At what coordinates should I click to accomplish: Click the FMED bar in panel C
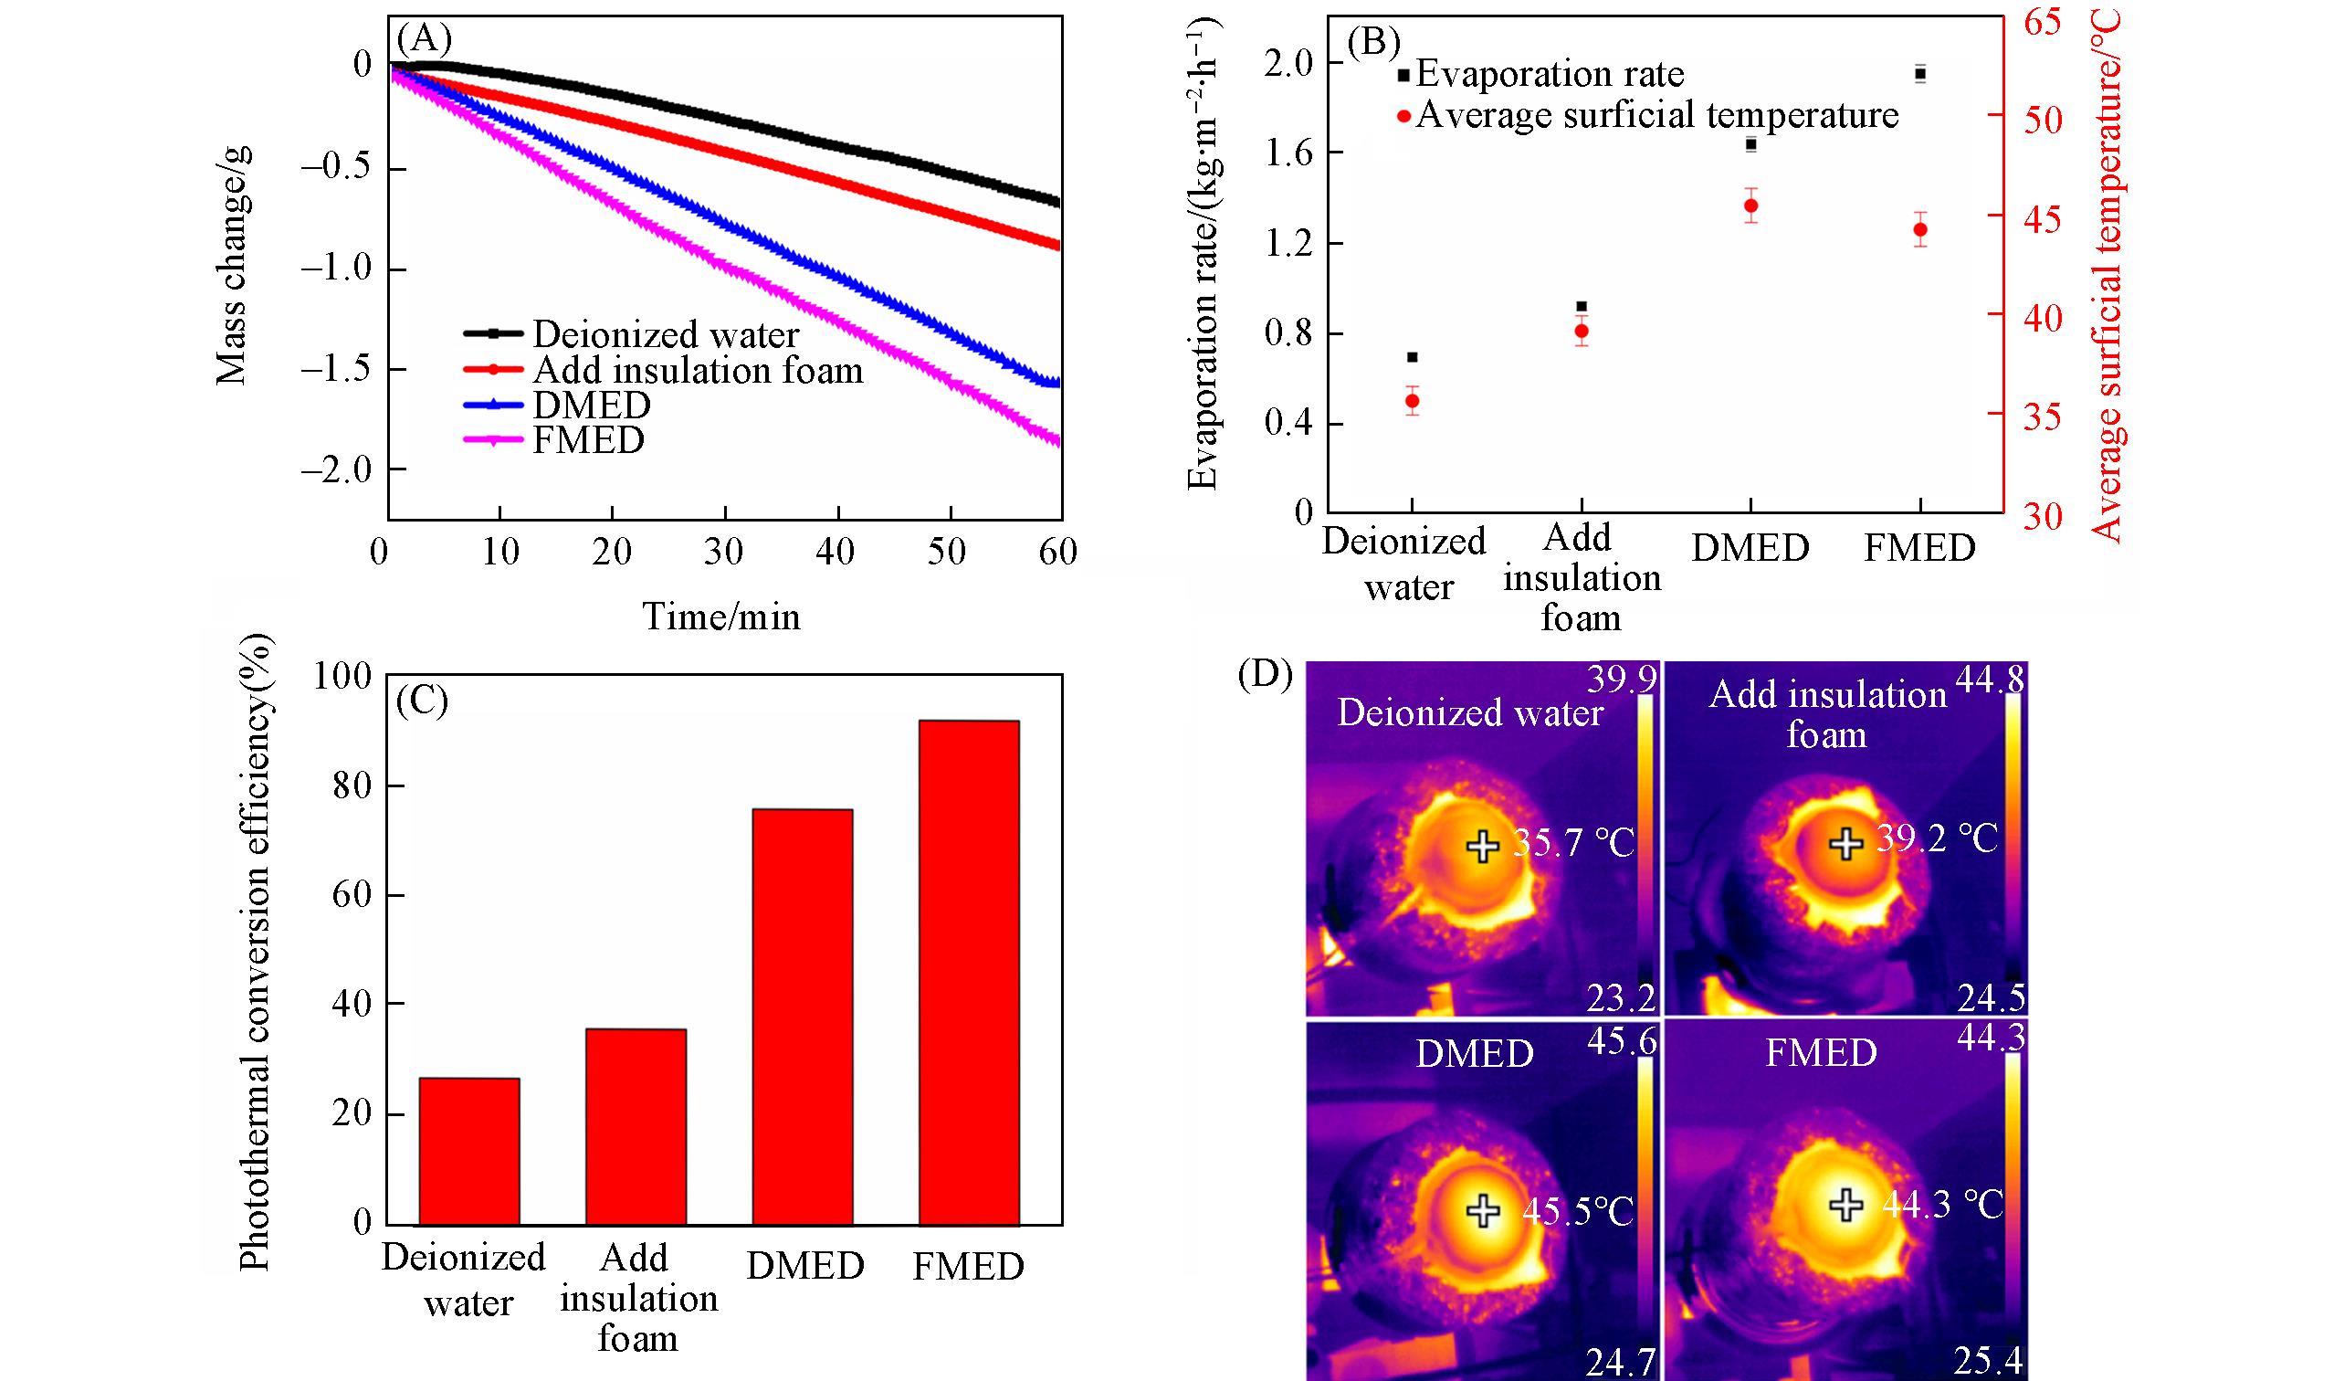[968, 973]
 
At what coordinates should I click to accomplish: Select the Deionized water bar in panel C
[468, 1150]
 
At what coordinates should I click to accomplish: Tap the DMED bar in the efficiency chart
[802, 1017]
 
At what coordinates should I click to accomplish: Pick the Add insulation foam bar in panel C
[636, 1126]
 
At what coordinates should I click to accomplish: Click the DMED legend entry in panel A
[591, 405]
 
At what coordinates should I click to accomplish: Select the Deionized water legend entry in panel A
[664, 334]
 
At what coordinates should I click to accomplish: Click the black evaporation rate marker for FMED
[1919, 73]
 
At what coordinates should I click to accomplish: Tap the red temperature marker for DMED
[1750, 206]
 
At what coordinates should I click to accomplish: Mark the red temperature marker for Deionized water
[1412, 401]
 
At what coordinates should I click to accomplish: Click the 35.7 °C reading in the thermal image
[1572, 845]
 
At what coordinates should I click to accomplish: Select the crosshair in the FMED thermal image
[1846, 1204]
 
